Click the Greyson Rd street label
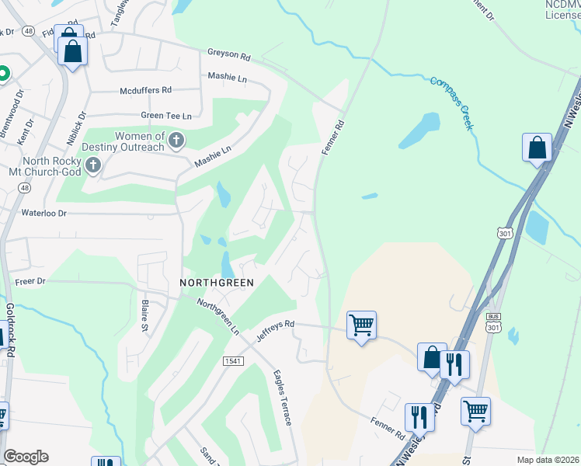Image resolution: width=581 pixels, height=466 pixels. pyautogui.click(x=228, y=55)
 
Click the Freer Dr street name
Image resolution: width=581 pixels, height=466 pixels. pyautogui.click(x=30, y=280)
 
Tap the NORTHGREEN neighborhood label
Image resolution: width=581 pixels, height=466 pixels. pyautogui.click(x=217, y=283)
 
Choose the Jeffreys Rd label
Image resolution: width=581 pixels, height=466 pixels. pyautogui.click(x=276, y=331)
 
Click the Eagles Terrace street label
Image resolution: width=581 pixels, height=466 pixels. pyautogui.click(x=281, y=397)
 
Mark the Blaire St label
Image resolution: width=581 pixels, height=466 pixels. pyautogui.click(x=144, y=315)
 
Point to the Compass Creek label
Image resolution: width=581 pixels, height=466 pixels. pyautogui.click(x=451, y=102)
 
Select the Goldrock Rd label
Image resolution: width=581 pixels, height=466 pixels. pyautogui.click(x=10, y=329)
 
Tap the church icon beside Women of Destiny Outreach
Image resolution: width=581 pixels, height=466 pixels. pyautogui.click(x=176, y=141)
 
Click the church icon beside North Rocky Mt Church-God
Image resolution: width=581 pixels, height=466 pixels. pyautogui.click(x=93, y=165)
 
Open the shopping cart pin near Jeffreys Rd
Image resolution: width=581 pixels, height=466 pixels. pyautogui.click(x=361, y=325)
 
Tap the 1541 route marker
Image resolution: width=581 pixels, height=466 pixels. pyautogui.click(x=232, y=360)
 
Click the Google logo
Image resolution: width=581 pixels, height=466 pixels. pyautogui.click(x=26, y=457)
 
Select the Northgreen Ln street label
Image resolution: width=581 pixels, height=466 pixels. pyautogui.click(x=217, y=316)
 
